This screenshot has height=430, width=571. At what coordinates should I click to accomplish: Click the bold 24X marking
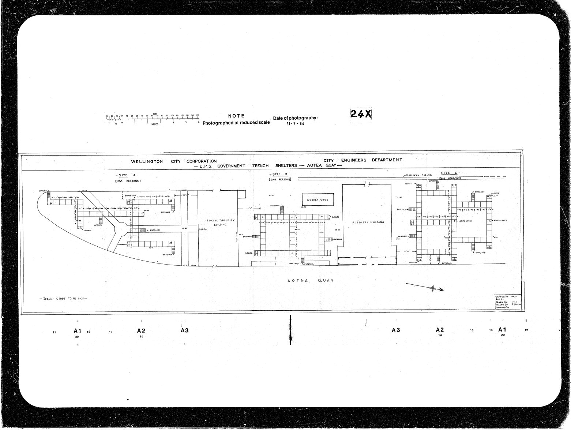[x=361, y=114]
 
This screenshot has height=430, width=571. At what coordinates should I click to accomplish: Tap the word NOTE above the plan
[x=236, y=116]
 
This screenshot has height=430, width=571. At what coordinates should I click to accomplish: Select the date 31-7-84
[x=296, y=124]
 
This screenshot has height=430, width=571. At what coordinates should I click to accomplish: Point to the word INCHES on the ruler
[x=154, y=124]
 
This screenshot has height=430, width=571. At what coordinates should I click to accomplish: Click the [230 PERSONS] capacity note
[x=128, y=181]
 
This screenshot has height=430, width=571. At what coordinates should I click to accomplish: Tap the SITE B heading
[x=280, y=174]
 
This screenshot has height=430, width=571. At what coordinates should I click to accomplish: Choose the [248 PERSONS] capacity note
[x=280, y=179]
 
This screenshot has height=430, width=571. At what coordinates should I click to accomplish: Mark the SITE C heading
[x=450, y=173]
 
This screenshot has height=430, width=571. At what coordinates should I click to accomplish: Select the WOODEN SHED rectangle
[x=318, y=200]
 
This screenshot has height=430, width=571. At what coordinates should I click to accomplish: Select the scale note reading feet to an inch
[x=63, y=299]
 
